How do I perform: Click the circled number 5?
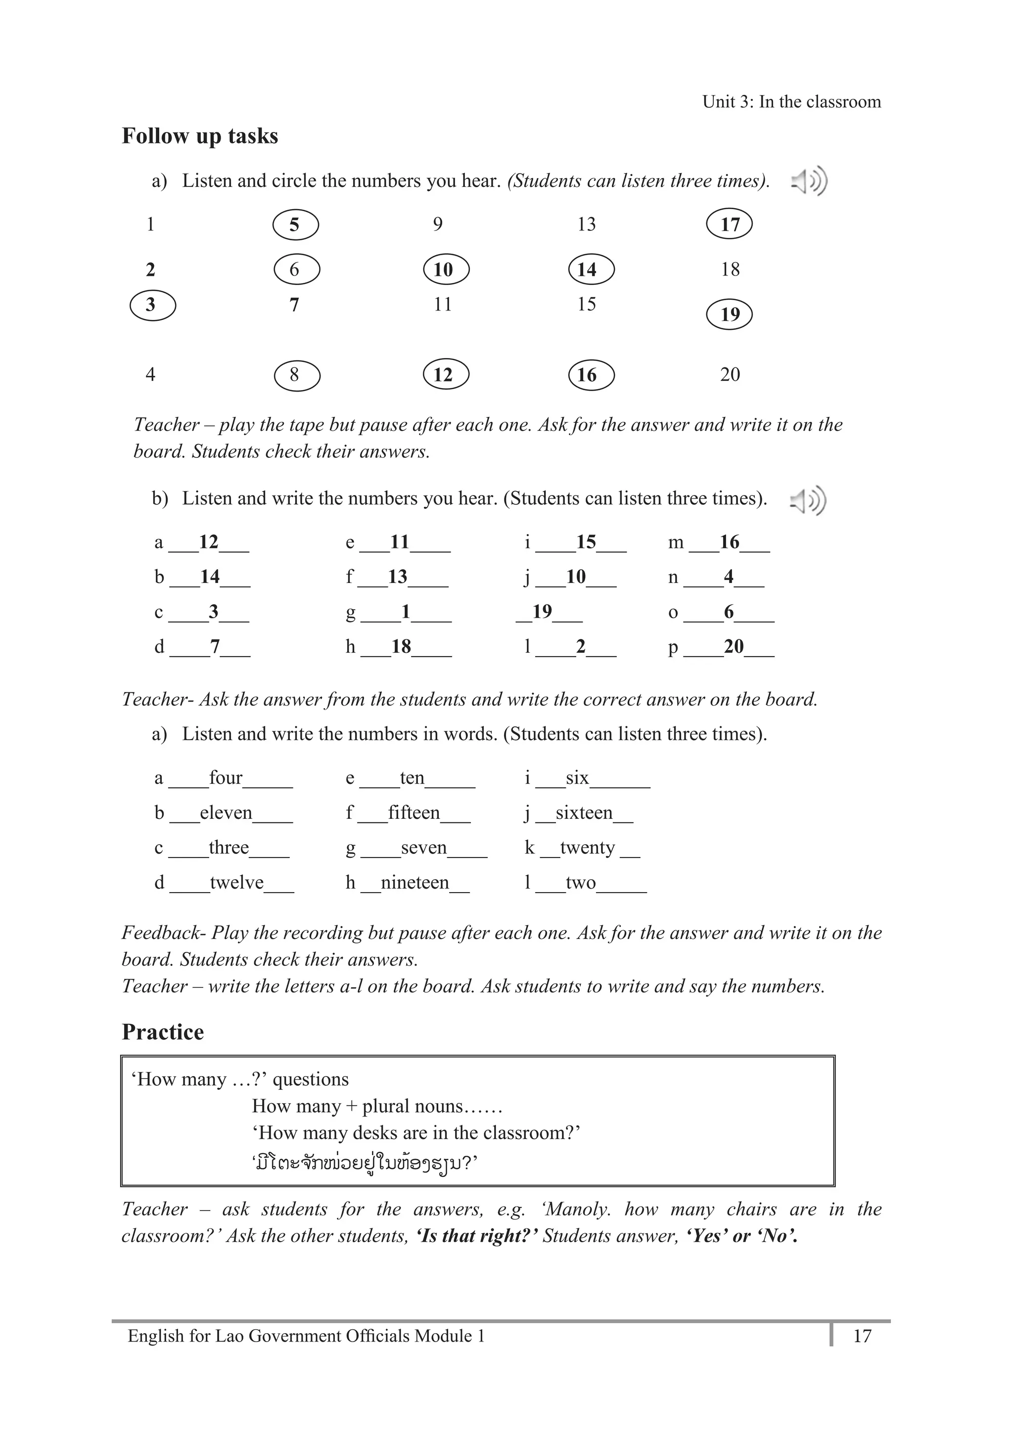(296, 225)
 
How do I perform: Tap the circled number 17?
(729, 224)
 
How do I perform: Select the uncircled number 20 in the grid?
(730, 374)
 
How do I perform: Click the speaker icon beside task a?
(809, 181)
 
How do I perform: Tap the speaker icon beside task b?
(808, 500)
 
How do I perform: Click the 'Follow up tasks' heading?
(200, 136)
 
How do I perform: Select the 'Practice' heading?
(163, 1032)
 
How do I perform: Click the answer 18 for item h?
(401, 646)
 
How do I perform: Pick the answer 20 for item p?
(734, 646)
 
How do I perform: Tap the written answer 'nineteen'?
(414, 883)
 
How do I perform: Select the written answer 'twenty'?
(587, 848)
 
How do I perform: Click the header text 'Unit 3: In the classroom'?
(791, 102)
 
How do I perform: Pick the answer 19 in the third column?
(542, 611)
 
